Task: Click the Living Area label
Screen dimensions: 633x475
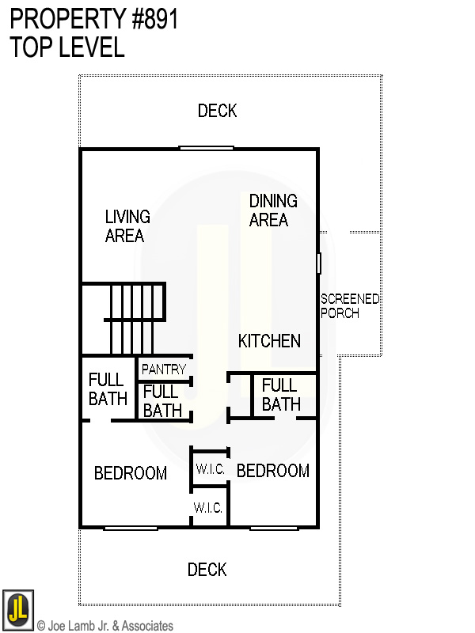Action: click(127, 226)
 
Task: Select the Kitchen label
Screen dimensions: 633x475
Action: click(269, 341)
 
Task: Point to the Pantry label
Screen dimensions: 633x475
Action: click(164, 370)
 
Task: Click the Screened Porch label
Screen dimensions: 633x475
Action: click(350, 305)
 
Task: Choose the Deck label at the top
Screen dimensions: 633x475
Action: click(217, 111)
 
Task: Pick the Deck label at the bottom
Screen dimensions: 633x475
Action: click(207, 570)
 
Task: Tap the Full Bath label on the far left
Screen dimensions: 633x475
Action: click(107, 389)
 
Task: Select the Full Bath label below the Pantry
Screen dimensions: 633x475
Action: click(162, 400)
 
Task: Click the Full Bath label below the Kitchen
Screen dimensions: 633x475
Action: click(281, 395)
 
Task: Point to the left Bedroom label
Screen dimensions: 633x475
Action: click(131, 473)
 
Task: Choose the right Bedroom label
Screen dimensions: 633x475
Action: click(273, 471)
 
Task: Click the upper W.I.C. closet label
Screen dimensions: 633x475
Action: click(211, 469)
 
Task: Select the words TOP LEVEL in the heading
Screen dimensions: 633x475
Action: click(67, 47)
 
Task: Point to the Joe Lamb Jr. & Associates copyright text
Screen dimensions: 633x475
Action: click(104, 626)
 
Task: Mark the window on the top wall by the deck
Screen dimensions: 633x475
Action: click(206, 148)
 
